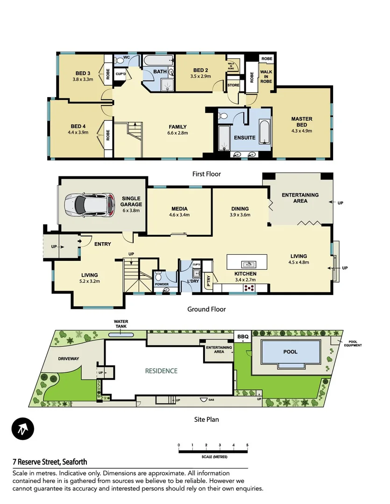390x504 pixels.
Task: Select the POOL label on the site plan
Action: [290, 352]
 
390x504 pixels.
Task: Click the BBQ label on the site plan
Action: [242, 336]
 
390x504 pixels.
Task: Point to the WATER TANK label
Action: [121, 324]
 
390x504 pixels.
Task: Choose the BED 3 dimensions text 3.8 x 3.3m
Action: [83, 79]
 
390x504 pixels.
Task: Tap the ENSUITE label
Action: [244, 138]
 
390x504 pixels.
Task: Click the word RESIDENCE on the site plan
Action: [161, 371]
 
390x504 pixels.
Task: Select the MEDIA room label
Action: [179, 209]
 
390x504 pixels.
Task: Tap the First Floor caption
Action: [206, 174]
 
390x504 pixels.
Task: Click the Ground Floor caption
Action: [206, 309]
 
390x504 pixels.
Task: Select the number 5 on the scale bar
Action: [247, 445]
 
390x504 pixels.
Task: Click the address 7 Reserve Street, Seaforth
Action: [50, 462]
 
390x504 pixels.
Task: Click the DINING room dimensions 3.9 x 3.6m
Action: [240, 215]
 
